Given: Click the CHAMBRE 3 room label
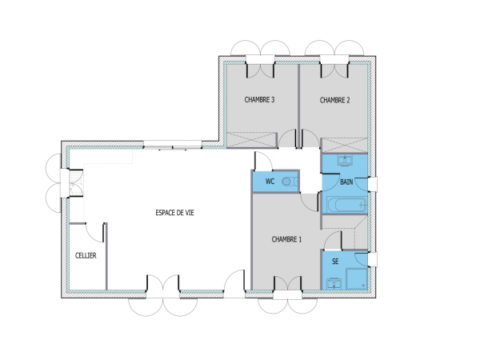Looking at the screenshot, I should pyautogui.click(x=259, y=100).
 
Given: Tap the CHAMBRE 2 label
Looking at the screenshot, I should pyautogui.click(x=335, y=100).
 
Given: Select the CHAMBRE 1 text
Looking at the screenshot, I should pyautogui.click(x=286, y=239).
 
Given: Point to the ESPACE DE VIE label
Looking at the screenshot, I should pyautogui.click(x=174, y=213).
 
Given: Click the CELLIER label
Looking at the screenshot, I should pyautogui.click(x=86, y=255).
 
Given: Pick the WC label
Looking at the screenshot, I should pyautogui.click(x=270, y=182).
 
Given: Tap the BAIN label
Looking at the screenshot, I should pyautogui.click(x=346, y=182).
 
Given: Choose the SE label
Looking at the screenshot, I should pyautogui.click(x=334, y=262).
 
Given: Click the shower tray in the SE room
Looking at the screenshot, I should pyautogui.click(x=356, y=278).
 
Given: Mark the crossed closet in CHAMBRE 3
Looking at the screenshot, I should pyautogui.click(x=247, y=138).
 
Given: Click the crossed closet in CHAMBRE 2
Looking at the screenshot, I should pyautogui.click(x=344, y=142).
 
